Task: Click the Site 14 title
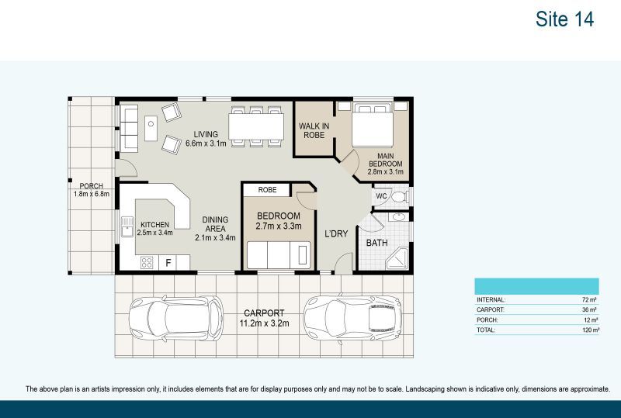pos(564,19)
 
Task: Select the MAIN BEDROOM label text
pos(384,159)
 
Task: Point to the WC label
pos(381,197)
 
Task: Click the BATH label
pos(376,243)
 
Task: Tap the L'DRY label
pos(335,233)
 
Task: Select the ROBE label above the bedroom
pos(267,188)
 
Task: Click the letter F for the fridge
pos(168,263)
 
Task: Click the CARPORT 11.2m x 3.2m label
pos(263,317)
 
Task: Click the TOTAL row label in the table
pos(487,330)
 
